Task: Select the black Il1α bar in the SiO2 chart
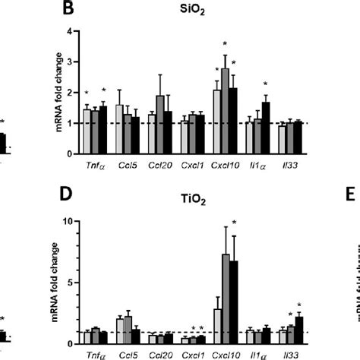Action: click(266, 128)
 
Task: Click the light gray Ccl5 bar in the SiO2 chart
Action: click(119, 129)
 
